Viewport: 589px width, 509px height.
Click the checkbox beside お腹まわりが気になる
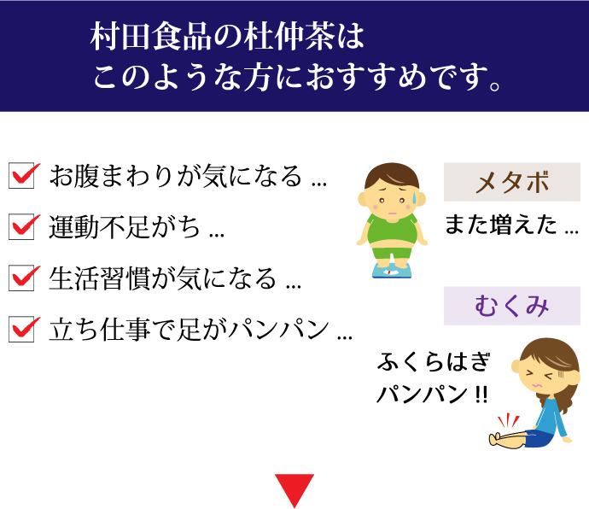point(22,176)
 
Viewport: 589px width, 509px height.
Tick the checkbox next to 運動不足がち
point(22,226)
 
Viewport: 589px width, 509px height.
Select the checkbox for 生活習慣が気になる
point(22,278)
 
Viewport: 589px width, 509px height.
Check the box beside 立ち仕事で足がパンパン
point(22,330)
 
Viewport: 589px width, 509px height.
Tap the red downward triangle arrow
point(294,489)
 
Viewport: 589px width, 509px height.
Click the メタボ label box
point(512,182)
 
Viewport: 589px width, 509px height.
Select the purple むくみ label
point(512,306)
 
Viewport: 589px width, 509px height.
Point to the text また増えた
point(501,225)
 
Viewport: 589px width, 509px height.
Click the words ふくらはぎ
point(434,361)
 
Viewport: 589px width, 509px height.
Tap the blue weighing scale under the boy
point(392,270)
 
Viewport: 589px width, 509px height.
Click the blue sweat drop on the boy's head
point(415,197)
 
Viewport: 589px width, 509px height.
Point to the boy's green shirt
point(393,230)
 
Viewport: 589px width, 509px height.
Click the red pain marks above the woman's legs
point(508,421)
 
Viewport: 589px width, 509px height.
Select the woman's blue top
point(551,418)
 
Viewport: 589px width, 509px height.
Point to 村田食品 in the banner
point(150,38)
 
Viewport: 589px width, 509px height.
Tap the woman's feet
point(495,439)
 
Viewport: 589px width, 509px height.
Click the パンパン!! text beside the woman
point(432,394)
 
